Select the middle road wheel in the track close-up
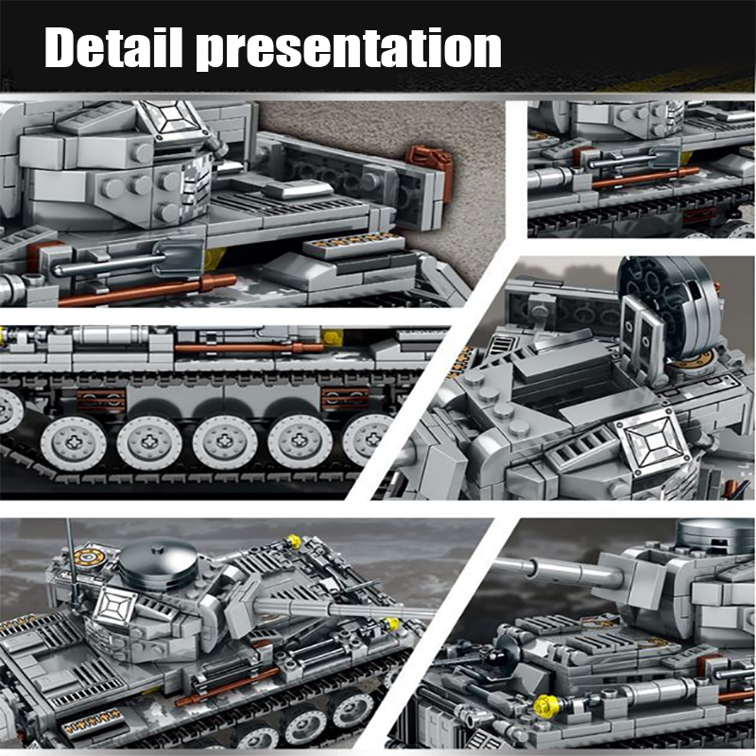tap(224, 440)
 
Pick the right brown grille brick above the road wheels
tap(340, 398)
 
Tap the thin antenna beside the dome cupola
tap(67, 548)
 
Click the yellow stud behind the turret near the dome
tap(294, 541)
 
